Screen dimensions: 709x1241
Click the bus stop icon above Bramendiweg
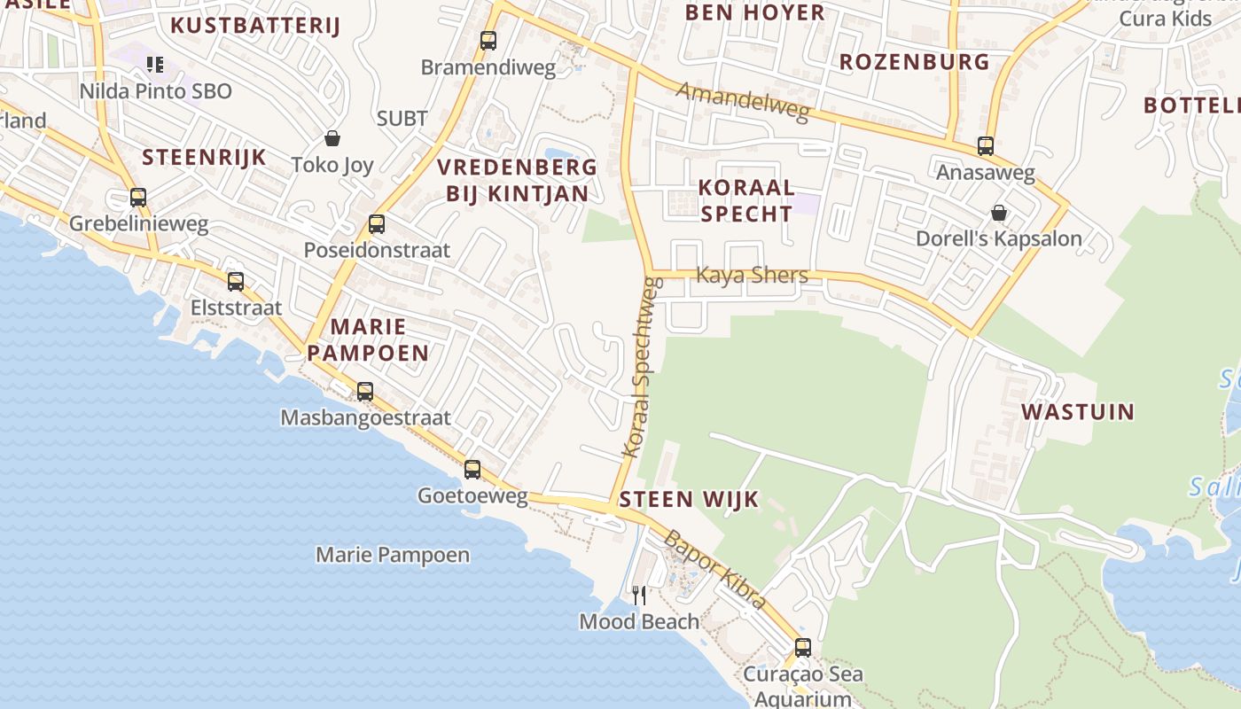point(488,41)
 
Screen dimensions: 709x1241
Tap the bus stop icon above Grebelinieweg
point(138,198)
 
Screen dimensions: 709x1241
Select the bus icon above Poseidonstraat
point(377,224)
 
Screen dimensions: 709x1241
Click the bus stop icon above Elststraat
point(236,282)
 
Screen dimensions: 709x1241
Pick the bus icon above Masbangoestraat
point(364,391)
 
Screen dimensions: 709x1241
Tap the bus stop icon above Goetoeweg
point(472,470)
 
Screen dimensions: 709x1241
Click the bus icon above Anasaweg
point(986,146)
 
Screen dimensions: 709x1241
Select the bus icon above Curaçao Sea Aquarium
point(803,648)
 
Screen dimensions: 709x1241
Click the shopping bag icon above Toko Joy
point(332,138)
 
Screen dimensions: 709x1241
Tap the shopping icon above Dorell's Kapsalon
point(999,213)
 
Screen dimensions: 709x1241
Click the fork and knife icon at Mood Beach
point(638,596)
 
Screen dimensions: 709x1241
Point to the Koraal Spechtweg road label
point(644,368)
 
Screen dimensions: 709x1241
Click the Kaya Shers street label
point(752,275)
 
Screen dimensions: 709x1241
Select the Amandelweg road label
point(743,100)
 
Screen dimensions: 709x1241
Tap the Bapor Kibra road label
point(714,569)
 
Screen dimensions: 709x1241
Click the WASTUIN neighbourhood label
point(1077,412)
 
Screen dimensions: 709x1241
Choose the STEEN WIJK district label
point(689,499)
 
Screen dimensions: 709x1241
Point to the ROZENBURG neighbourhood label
point(914,62)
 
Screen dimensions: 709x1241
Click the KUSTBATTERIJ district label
point(255,26)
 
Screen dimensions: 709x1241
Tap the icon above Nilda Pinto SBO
point(155,64)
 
